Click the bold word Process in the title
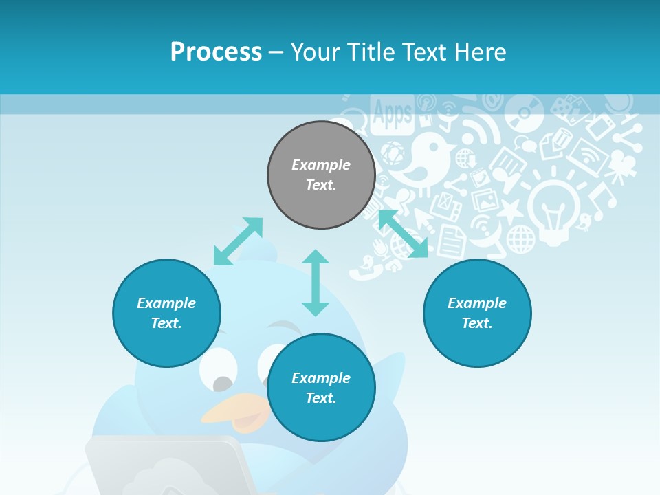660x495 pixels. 216,52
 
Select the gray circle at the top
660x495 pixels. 321,175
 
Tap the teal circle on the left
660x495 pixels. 166,313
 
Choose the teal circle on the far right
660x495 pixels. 477,313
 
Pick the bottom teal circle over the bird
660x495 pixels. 321,388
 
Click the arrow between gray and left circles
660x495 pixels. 238,241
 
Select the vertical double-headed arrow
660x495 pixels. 316,283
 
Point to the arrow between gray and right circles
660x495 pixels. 403,234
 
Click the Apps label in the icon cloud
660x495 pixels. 392,113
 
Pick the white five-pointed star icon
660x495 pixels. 509,210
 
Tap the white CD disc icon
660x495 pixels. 524,113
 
